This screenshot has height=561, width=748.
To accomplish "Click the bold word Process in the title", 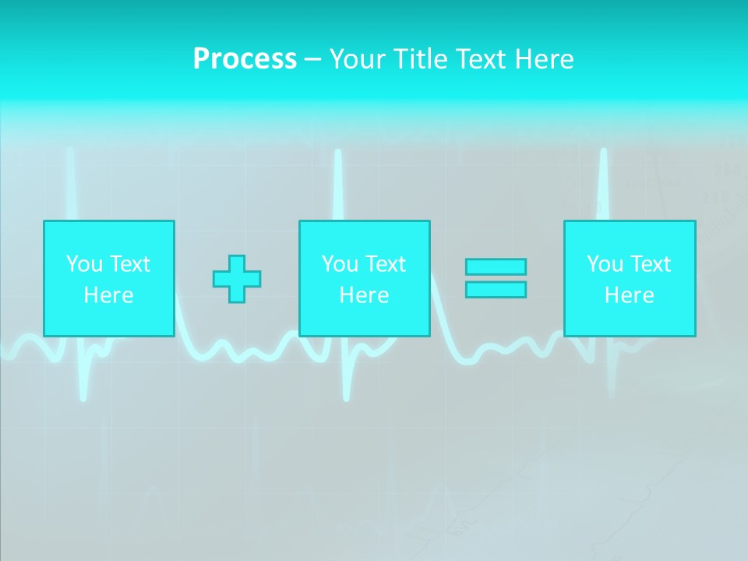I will pos(245,59).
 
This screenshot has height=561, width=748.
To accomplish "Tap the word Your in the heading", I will pos(357,59).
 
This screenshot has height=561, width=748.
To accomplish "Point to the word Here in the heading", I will pos(544,59).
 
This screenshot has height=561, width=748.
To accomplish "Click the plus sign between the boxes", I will pos(237,279).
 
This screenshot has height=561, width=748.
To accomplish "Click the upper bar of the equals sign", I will pos(496,266).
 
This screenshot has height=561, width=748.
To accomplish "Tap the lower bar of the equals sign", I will pos(496,290).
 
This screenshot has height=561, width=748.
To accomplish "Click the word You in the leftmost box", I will pos(85,264).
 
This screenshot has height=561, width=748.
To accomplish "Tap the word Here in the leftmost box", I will pos(108,295).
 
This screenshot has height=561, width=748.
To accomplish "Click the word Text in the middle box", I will pos(385,264).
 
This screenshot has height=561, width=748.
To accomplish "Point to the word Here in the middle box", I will pos(364,295).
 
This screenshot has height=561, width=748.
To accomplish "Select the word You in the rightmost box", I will pos(605,264).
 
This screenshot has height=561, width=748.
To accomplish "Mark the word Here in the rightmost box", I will pos(630,295).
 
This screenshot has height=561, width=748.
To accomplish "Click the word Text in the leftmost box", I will pos(129,264).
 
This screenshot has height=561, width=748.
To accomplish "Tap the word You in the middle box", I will pos(340,264).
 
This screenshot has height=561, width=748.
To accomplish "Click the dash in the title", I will pos(313,60).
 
